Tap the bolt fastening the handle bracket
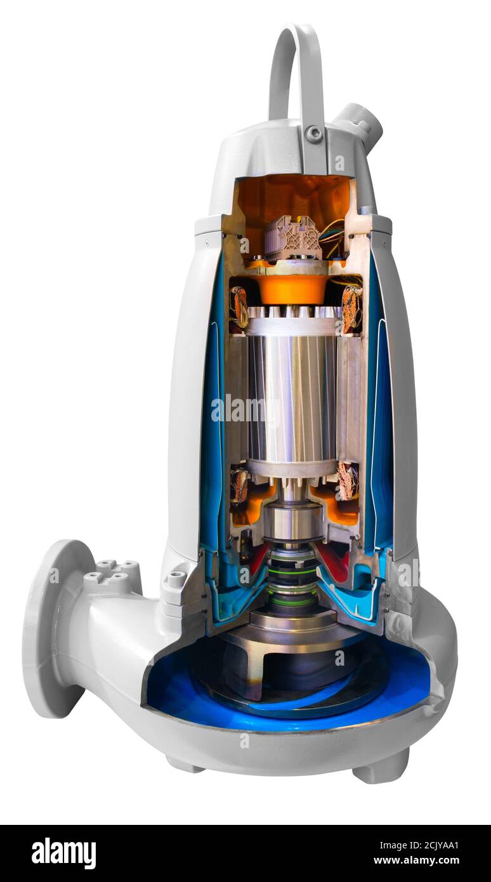click(313, 134)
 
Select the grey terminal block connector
click(292, 238)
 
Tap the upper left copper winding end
click(239, 307)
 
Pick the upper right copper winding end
click(350, 308)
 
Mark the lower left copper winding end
click(239, 485)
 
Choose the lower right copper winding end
click(347, 481)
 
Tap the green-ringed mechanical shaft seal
click(292, 577)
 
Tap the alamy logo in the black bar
click(63, 853)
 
